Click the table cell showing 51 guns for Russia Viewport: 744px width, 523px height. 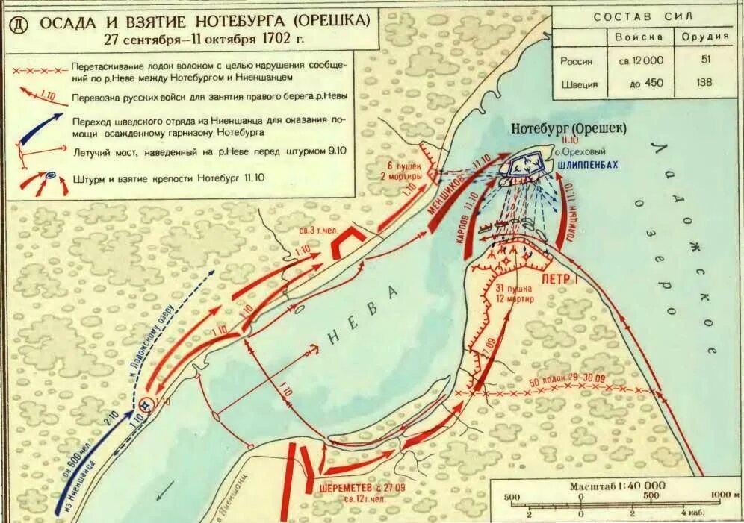[705, 60]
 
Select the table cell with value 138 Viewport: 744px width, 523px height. [705, 84]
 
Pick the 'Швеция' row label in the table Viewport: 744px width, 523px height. [580, 84]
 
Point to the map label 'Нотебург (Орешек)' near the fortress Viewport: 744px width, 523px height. [569, 128]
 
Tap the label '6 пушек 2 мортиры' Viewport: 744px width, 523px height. [404, 170]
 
